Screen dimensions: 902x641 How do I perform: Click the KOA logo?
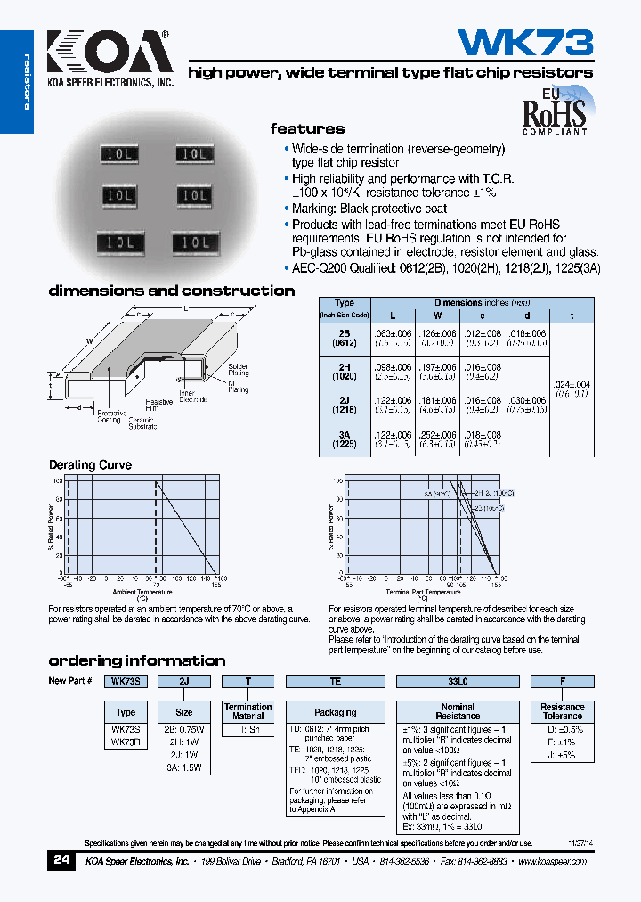[107, 53]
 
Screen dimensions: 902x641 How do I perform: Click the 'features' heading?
[307, 128]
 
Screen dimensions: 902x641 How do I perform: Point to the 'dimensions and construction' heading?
[171, 291]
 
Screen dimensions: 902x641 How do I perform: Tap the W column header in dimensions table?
[437, 316]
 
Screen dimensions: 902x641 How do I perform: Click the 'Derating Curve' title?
[90, 465]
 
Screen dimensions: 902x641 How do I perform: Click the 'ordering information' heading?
[136, 660]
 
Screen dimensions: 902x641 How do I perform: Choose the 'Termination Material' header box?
[247, 711]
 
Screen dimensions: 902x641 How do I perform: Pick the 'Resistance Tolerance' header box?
[563, 711]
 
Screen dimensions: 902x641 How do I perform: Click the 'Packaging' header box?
[336, 712]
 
